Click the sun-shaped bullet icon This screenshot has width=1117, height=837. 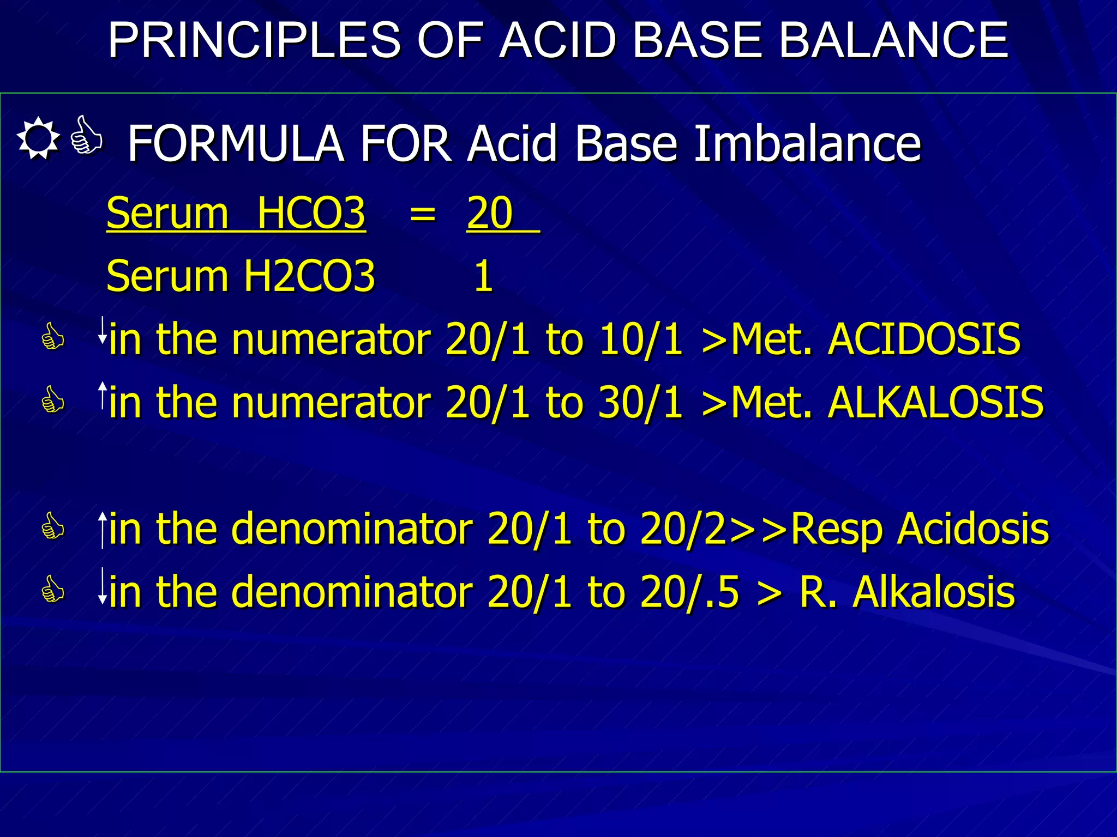[x=38, y=138]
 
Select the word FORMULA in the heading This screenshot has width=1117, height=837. [x=235, y=143]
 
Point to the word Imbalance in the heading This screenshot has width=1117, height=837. [x=807, y=143]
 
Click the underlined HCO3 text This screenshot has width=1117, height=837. [x=311, y=213]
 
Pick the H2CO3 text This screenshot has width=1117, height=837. [x=309, y=276]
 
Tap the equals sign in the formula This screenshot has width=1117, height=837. [x=423, y=213]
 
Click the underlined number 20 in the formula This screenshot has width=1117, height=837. [x=490, y=213]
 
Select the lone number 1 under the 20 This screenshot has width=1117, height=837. [x=483, y=276]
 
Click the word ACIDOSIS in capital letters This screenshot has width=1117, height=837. [x=924, y=339]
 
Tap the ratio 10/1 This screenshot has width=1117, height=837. [x=641, y=339]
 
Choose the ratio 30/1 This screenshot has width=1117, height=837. [x=641, y=402]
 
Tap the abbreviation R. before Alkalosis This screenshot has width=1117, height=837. [x=818, y=592]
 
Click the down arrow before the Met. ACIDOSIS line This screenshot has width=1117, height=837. [x=102, y=330]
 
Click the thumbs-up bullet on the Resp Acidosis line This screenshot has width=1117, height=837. [x=53, y=526]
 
